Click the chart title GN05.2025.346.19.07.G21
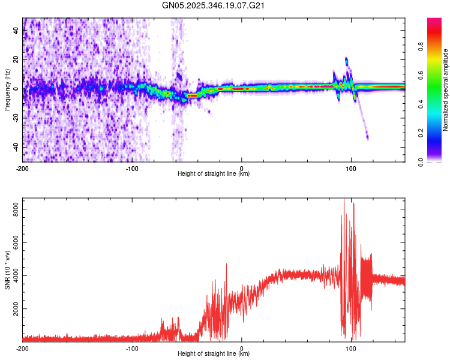(x=214, y=5)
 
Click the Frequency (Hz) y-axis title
(x=7, y=90)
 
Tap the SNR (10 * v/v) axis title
(x=7, y=270)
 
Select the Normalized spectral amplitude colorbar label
(x=446, y=91)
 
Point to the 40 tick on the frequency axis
(x=17, y=32)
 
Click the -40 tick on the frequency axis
(x=16, y=147)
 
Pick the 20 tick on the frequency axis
(x=17, y=61)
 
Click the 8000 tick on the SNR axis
(x=13, y=207)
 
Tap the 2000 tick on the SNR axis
(x=13, y=308)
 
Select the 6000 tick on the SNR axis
(x=13, y=241)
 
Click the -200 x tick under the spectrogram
(x=22, y=167)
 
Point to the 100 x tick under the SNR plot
(x=351, y=348)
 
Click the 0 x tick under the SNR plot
(x=242, y=348)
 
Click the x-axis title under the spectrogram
(x=214, y=174)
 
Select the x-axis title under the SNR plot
(x=214, y=354)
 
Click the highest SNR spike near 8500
(x=344, y=200)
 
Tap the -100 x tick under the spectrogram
(x=132, y=167)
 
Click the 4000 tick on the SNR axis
(x=13, y=275)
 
